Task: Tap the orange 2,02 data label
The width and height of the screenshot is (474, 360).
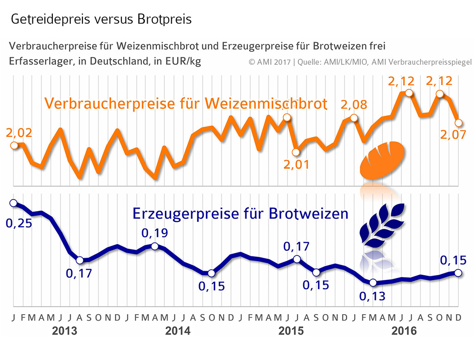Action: [x=19, y=133]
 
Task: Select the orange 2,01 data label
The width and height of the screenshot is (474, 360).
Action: [x=297, y=165]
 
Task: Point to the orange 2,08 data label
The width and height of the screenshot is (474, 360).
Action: [x=354, y=105]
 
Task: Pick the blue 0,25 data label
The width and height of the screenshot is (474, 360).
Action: [x=19, y=224]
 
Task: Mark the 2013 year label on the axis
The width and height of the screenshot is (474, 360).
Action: [x=65, y=331]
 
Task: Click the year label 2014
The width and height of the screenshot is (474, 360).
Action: [x=178, y=331]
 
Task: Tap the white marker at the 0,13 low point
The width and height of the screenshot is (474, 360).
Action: [x=373, y=283]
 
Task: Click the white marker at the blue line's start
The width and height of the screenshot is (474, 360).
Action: [x=13, y=203]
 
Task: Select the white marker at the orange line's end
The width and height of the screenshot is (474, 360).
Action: [x=459, y=123]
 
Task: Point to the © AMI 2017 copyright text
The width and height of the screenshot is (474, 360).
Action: [x=269, y=62]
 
